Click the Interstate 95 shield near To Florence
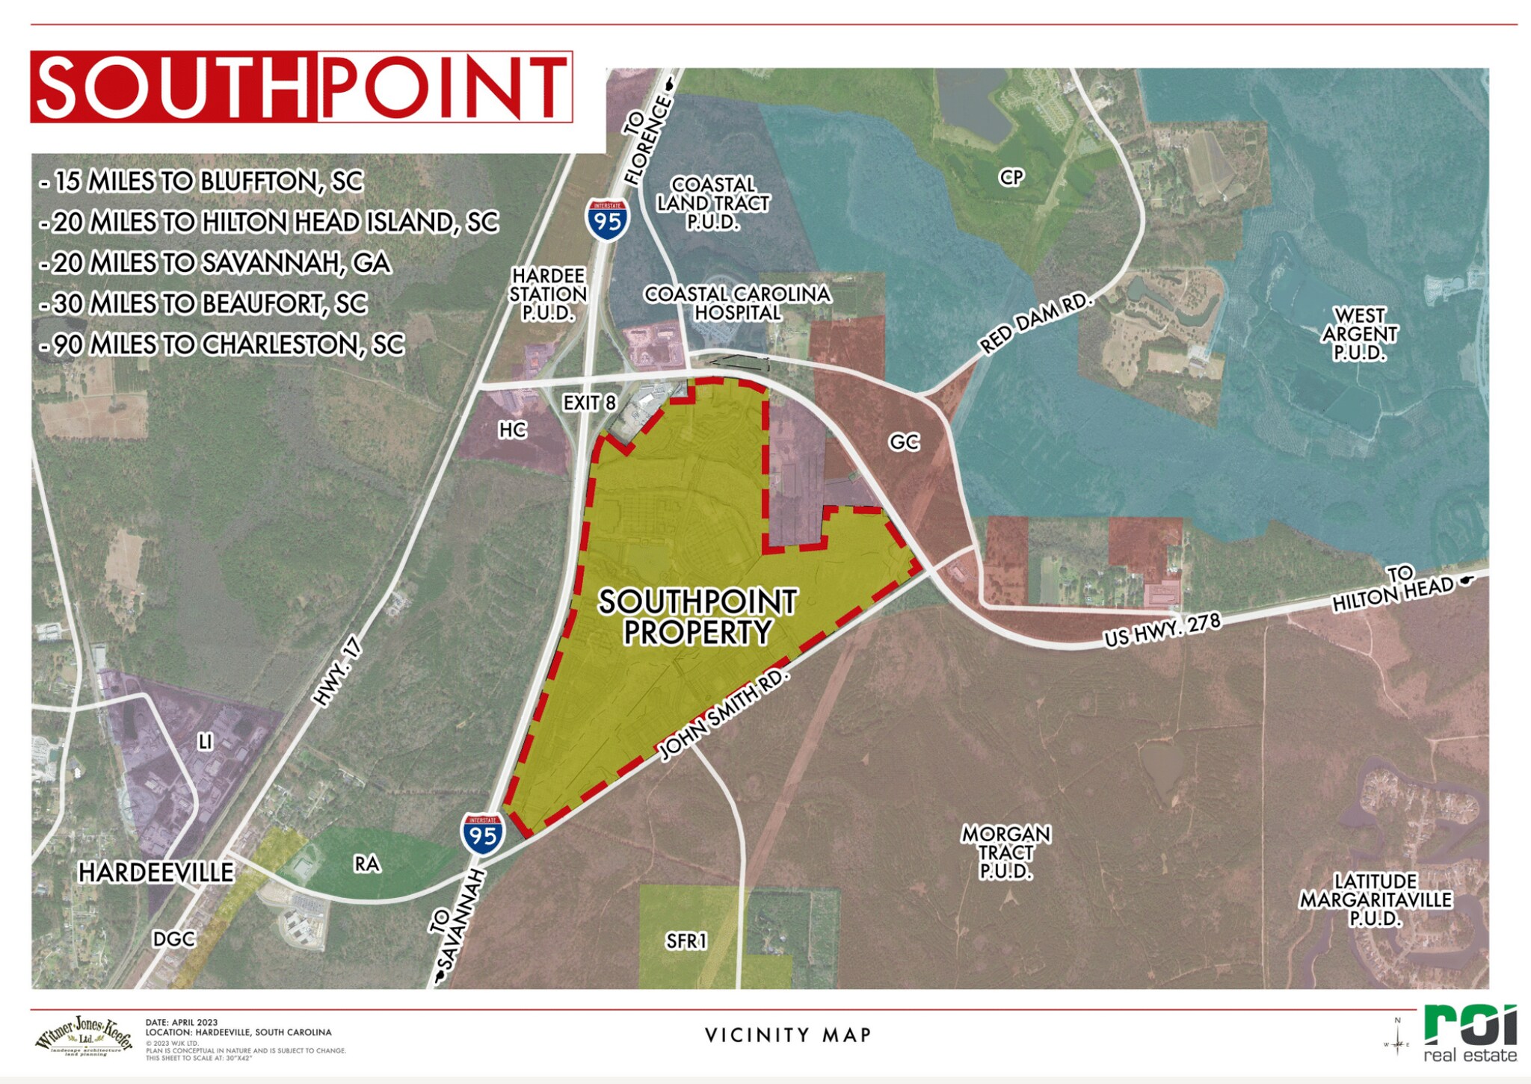click(607, 220)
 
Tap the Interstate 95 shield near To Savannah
click(482, 834)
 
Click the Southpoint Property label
click(697, 617)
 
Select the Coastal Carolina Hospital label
click(737, 303)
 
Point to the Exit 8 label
click(589, 403)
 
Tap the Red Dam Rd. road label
click(1037, 323)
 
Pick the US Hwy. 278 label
click(1162, 630)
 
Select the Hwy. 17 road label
click(337, 672)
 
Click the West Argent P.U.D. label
click(1359, 334)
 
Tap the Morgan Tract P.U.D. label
click(1006, 852)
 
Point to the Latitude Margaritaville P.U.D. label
click(1376, 900)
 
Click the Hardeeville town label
click(155, 873)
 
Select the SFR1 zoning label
click(686, 941)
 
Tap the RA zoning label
click(366, 864)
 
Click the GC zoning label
click(904, 443)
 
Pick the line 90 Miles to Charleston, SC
click(222, 345)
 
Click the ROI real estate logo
click(1470, 1034)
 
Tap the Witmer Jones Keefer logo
click(84, 1036)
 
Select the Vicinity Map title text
click(788, 1035)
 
